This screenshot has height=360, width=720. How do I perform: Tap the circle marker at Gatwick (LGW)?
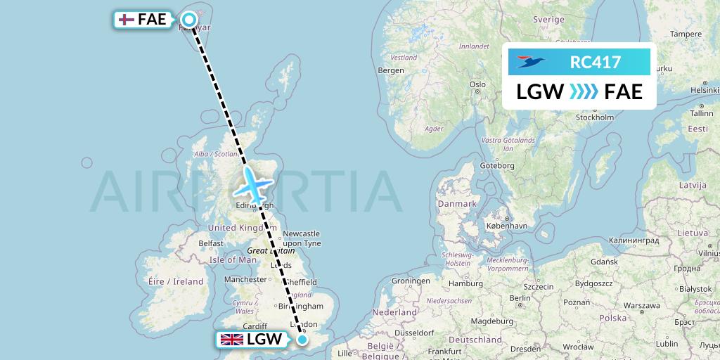[x=302, y=340]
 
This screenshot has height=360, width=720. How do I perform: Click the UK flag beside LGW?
[x=232, y=340]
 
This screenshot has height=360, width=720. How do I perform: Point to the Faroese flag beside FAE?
[x=125, y=20]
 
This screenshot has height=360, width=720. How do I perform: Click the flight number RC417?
[x=595, y=63]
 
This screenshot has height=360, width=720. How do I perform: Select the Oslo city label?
[x=478, y=84]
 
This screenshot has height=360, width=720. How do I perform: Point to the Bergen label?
[x=391, y=70]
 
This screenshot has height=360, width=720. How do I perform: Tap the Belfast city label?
[x=210, y=243]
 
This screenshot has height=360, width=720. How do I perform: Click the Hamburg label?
[x=465, y=284]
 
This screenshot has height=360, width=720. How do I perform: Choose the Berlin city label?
[x=521, y=298]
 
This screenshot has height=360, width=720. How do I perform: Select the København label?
[x=507, y=227]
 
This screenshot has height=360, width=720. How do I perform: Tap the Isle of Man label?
[x=233, y=259]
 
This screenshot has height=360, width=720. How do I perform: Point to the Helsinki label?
[x=705, y=89]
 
